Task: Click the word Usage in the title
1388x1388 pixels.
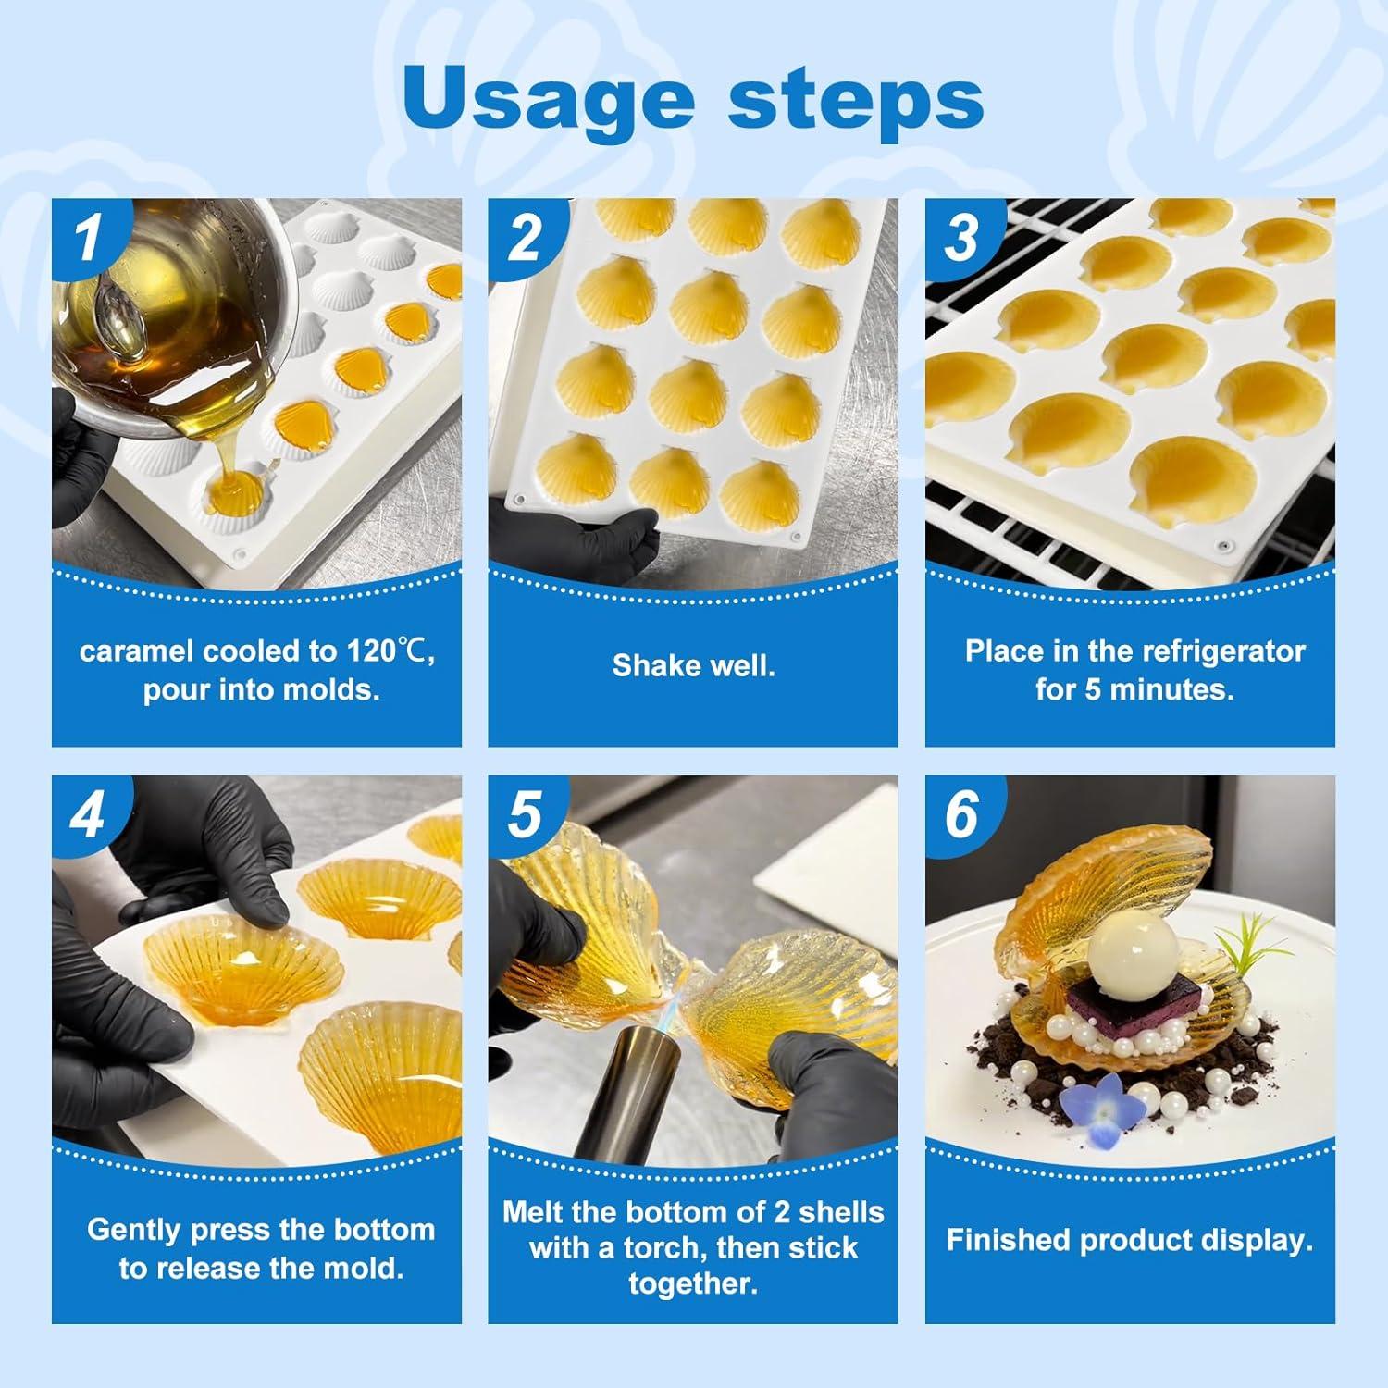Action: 548,99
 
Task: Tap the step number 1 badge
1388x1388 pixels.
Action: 89,236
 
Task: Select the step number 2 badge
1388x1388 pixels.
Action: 525,236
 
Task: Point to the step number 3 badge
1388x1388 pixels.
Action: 961,236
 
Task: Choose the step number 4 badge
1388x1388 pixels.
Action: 89,813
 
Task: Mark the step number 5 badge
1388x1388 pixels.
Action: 525,813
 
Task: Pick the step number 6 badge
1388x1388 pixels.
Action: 961,813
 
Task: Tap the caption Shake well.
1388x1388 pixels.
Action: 693,665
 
